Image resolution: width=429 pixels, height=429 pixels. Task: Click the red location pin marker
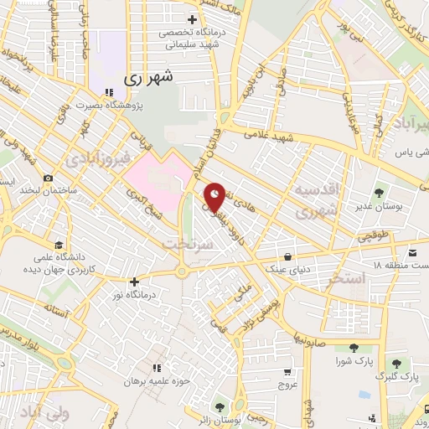[x=215, y=196]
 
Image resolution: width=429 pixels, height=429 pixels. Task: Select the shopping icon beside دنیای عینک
[x=288, y=256]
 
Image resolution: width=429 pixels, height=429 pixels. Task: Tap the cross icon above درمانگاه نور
[x=134, y=282]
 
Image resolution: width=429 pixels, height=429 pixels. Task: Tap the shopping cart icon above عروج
[x=288, y=371]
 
